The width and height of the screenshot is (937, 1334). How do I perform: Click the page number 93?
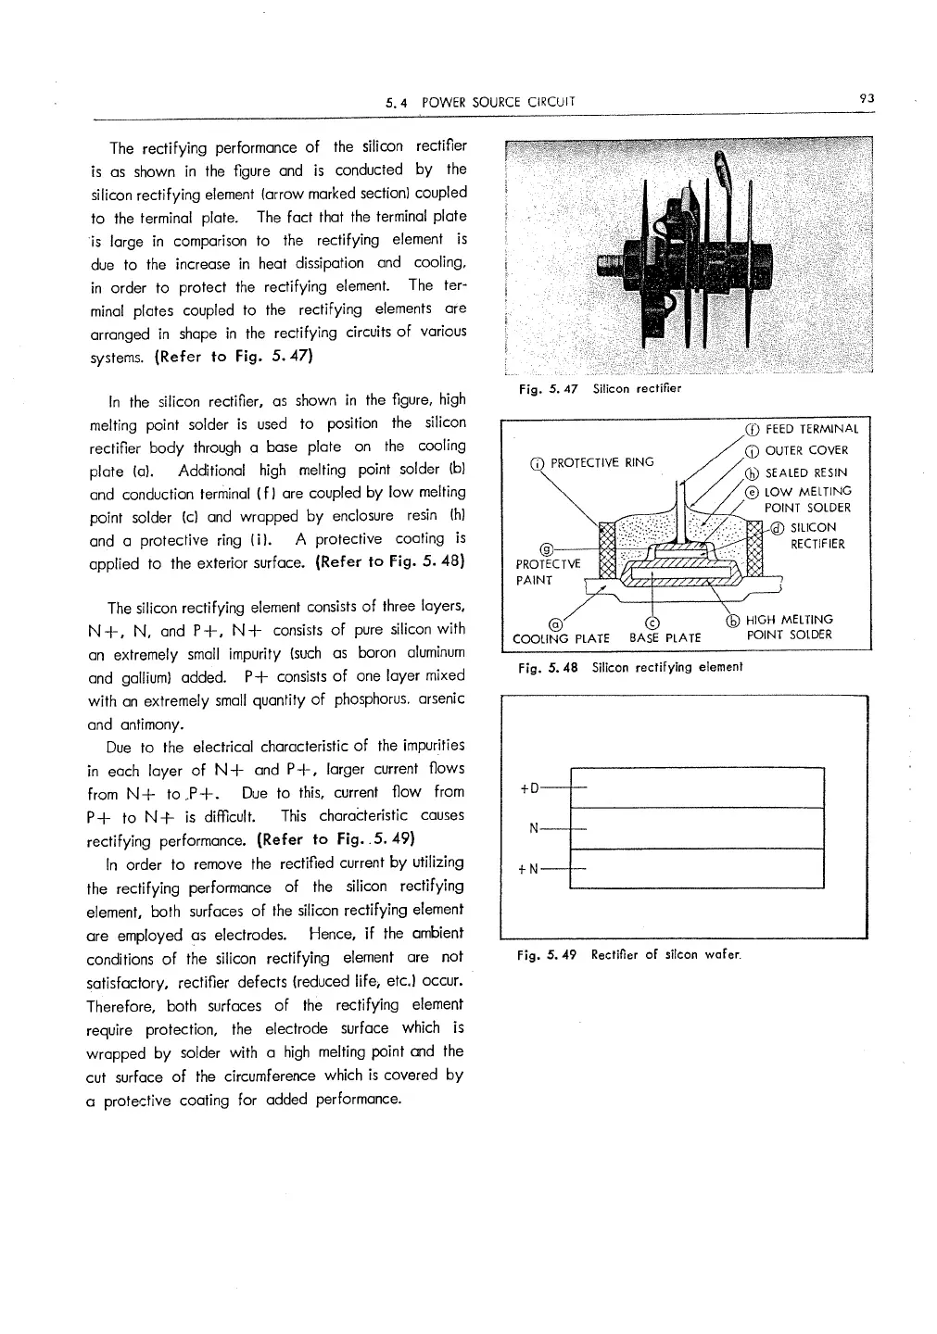(867, 97)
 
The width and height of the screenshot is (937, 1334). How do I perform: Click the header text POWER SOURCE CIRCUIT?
(498, 102)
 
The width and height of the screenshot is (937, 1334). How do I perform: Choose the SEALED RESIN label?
(805, 472)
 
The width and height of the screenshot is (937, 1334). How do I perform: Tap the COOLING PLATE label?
(561, 638)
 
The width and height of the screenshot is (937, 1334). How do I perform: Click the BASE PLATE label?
(665, 638)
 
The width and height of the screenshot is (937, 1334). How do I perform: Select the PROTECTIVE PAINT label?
(548, 572)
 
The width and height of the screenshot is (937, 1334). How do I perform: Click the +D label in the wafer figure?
(529, 788)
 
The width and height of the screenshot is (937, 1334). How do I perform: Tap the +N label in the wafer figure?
(529, 870)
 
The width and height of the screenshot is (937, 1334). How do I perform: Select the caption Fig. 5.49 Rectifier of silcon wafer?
(627, 955)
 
